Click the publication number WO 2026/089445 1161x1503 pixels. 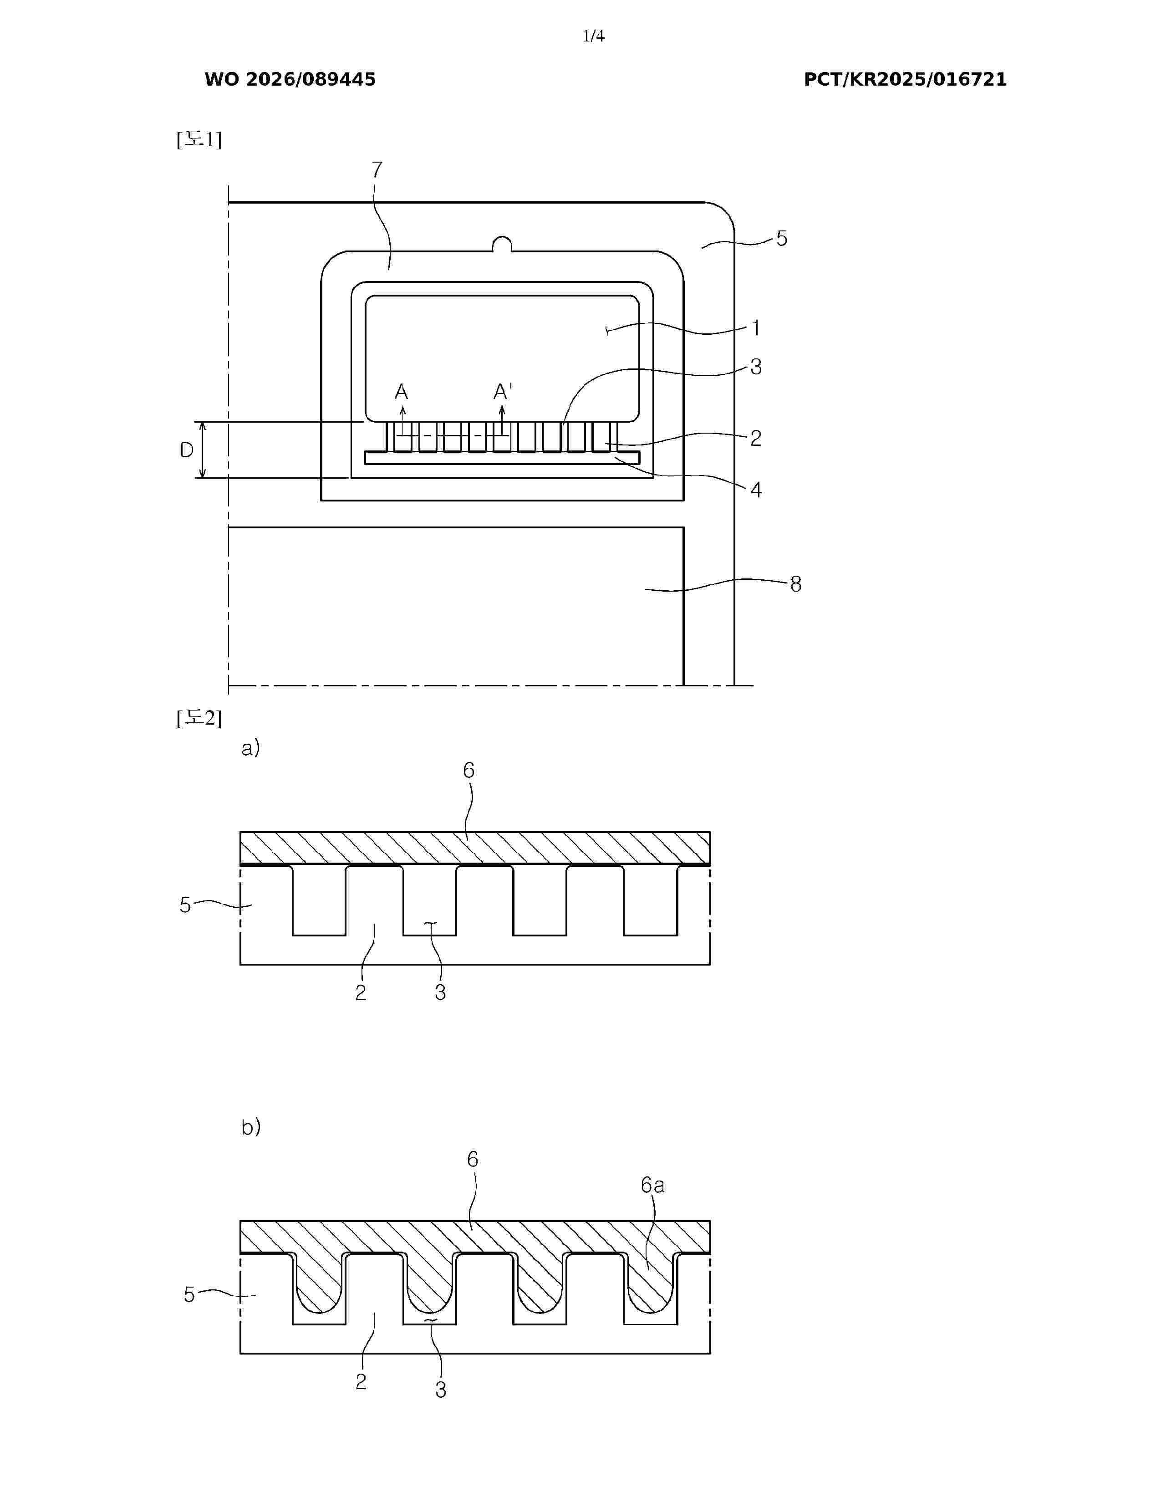(x=290, y=80)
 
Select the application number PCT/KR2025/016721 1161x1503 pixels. (x=905, y=80)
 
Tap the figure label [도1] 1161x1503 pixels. (x=199, y=140)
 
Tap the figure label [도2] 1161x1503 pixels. (x=199, y=718)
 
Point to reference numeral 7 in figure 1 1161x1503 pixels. (x=377, y=169)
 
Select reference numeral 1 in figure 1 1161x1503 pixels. (x=756, y=328)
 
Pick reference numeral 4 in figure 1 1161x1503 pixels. (x=756, y=490)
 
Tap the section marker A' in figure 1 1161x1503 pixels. (x=503, y=392)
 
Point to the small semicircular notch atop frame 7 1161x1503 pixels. (x=503, y=243)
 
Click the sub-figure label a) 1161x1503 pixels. (x=250, y=748)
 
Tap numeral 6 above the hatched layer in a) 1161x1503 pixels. (x=468, y=770)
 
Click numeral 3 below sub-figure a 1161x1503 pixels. (x=440, y=992)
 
